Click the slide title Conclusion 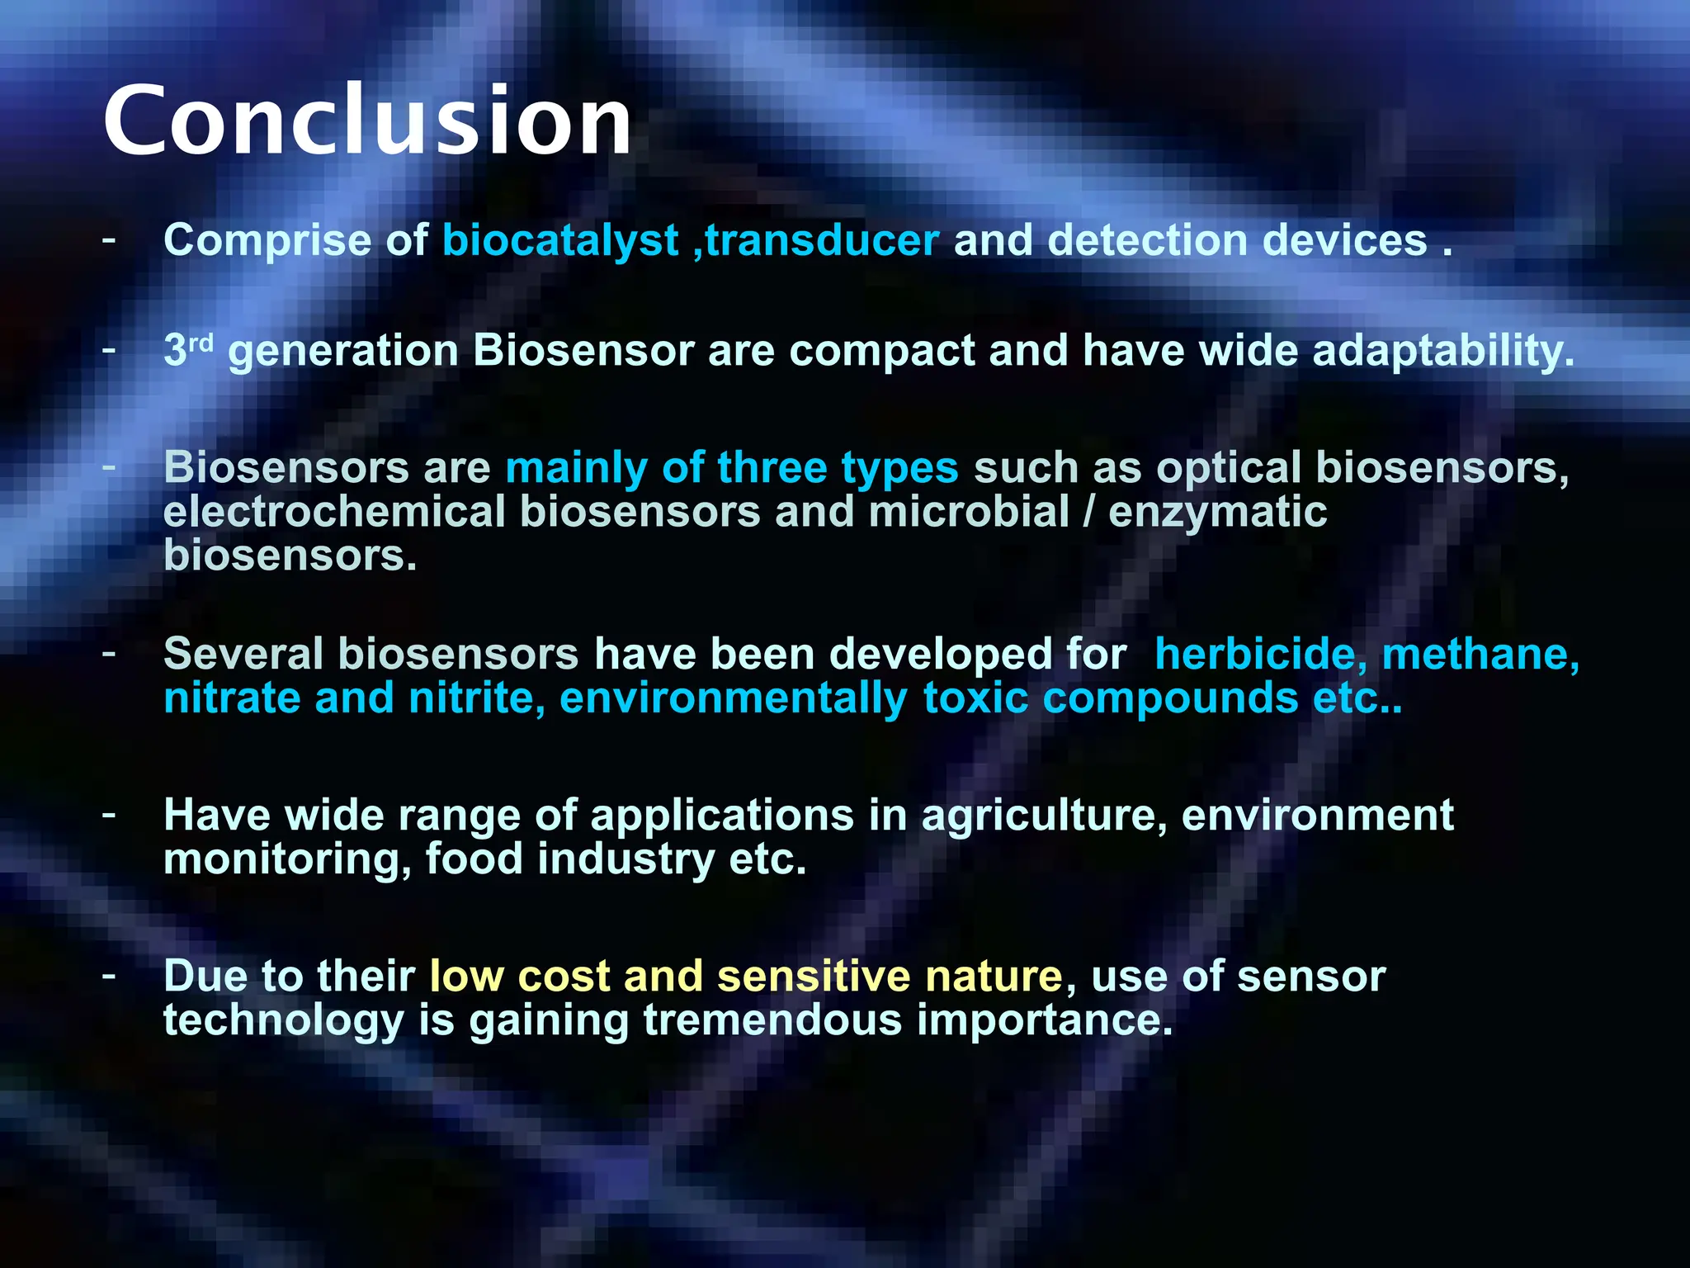coord(367,121)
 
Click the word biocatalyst coord(560,241)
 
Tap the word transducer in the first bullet coord(822,241)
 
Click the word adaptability coord(1442,351)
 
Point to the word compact coord(881,351)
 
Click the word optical coord(1228,468)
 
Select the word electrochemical coord(334,512)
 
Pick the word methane coord(1480,655)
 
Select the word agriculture coord(1043,816)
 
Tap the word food coord(474,859)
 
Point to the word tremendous coord(772,1020)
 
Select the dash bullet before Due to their coord(109,977)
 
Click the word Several coord(243,655)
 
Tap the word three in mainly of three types coord(772,468)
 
